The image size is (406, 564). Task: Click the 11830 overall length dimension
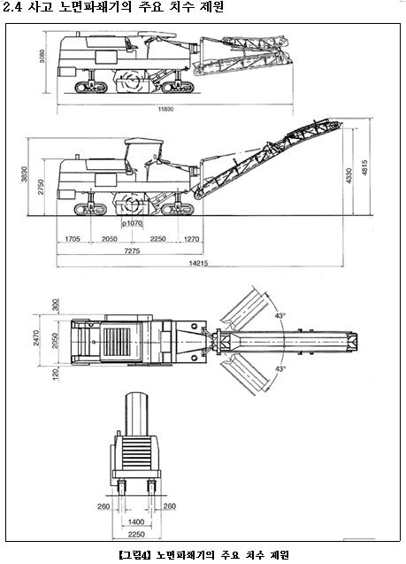click(166, 109)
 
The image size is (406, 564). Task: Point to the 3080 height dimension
click(42, 56)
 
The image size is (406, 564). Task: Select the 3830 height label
click(24, 174)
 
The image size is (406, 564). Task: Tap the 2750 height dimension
click(41, 187)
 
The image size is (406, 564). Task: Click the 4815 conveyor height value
click(364, 167)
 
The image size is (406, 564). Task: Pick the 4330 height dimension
click(349, 175)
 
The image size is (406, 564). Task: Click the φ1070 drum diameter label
click(132, 223)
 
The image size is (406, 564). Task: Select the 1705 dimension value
click(73, 238)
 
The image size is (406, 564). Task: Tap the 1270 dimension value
click(191, 238)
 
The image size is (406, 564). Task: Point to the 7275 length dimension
click(132, 251)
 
